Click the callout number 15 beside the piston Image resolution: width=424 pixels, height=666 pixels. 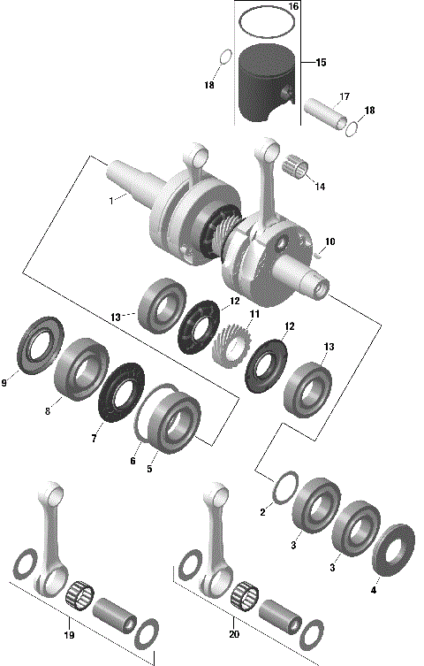[x=321, y=63]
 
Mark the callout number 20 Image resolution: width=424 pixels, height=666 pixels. [x=232, y=634]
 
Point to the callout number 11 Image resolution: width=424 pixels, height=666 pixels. [x=254, y=314]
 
